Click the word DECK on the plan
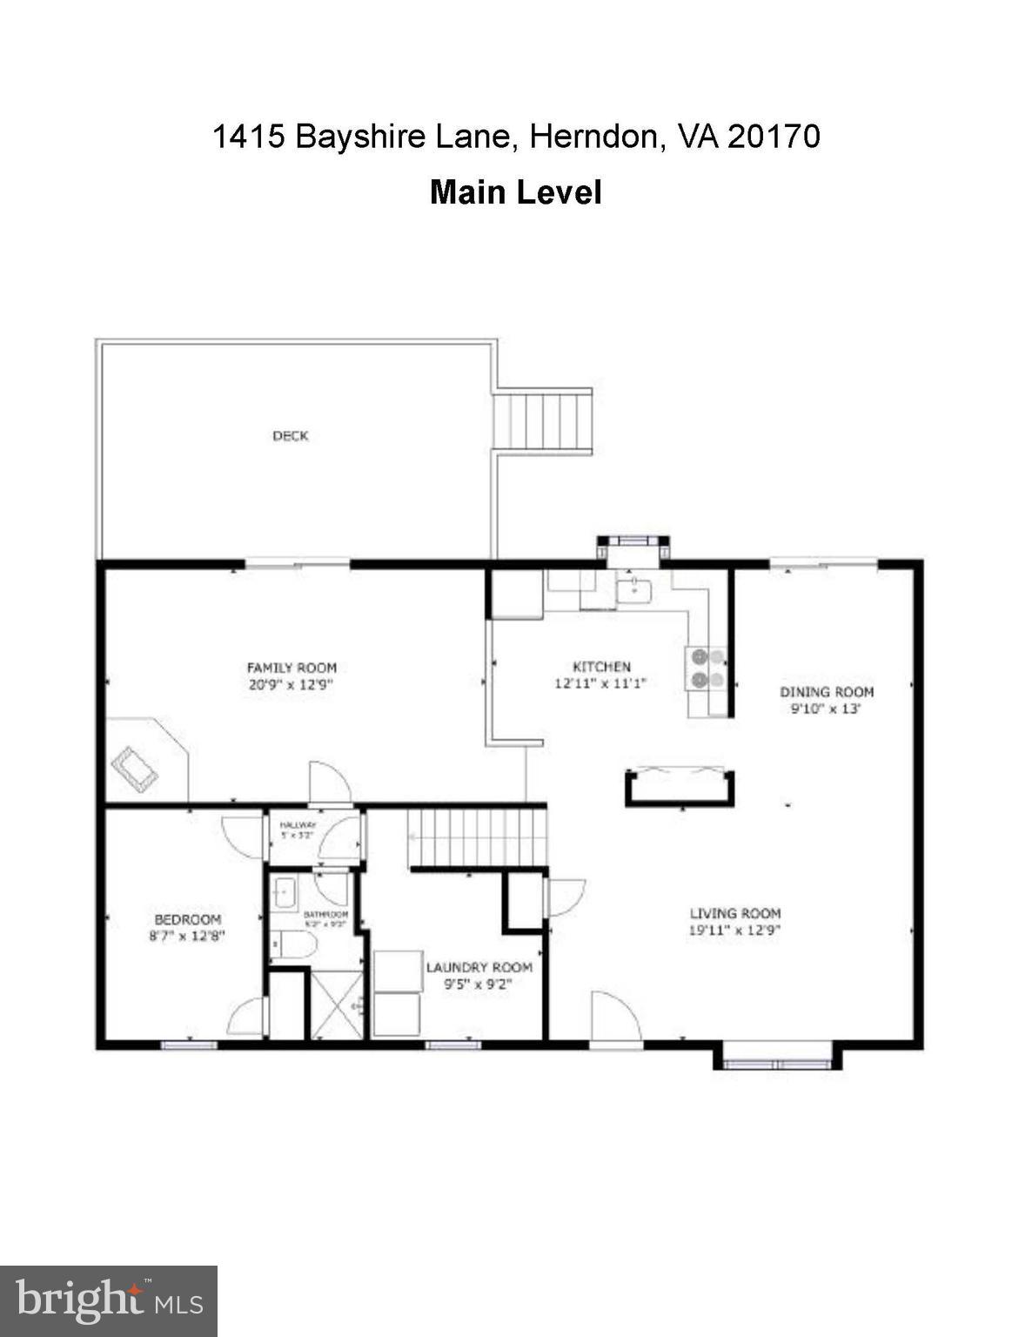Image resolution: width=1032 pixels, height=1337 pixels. point(290,436)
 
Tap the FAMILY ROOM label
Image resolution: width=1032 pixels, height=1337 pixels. point(292,668)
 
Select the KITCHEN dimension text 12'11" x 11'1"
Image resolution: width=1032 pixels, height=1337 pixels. point(601,684)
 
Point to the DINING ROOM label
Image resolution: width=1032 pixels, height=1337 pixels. point(826,692)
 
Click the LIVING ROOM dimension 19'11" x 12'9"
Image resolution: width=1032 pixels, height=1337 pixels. point(734,930)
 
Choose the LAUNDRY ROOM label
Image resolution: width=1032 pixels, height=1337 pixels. point(479,967)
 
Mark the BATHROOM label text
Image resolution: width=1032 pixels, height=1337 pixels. point(325,915)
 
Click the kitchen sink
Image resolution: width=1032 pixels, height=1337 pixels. point(634,592)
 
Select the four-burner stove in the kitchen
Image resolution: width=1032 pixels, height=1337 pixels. point(707,669)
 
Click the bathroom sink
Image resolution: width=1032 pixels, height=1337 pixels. point(284,892)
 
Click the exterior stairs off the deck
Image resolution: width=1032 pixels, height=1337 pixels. point(543,421)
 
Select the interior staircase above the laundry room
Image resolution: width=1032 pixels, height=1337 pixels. point(477,836)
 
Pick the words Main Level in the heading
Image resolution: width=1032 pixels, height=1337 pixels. point(515,192)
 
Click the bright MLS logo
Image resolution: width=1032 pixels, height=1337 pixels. point(108,1301)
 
